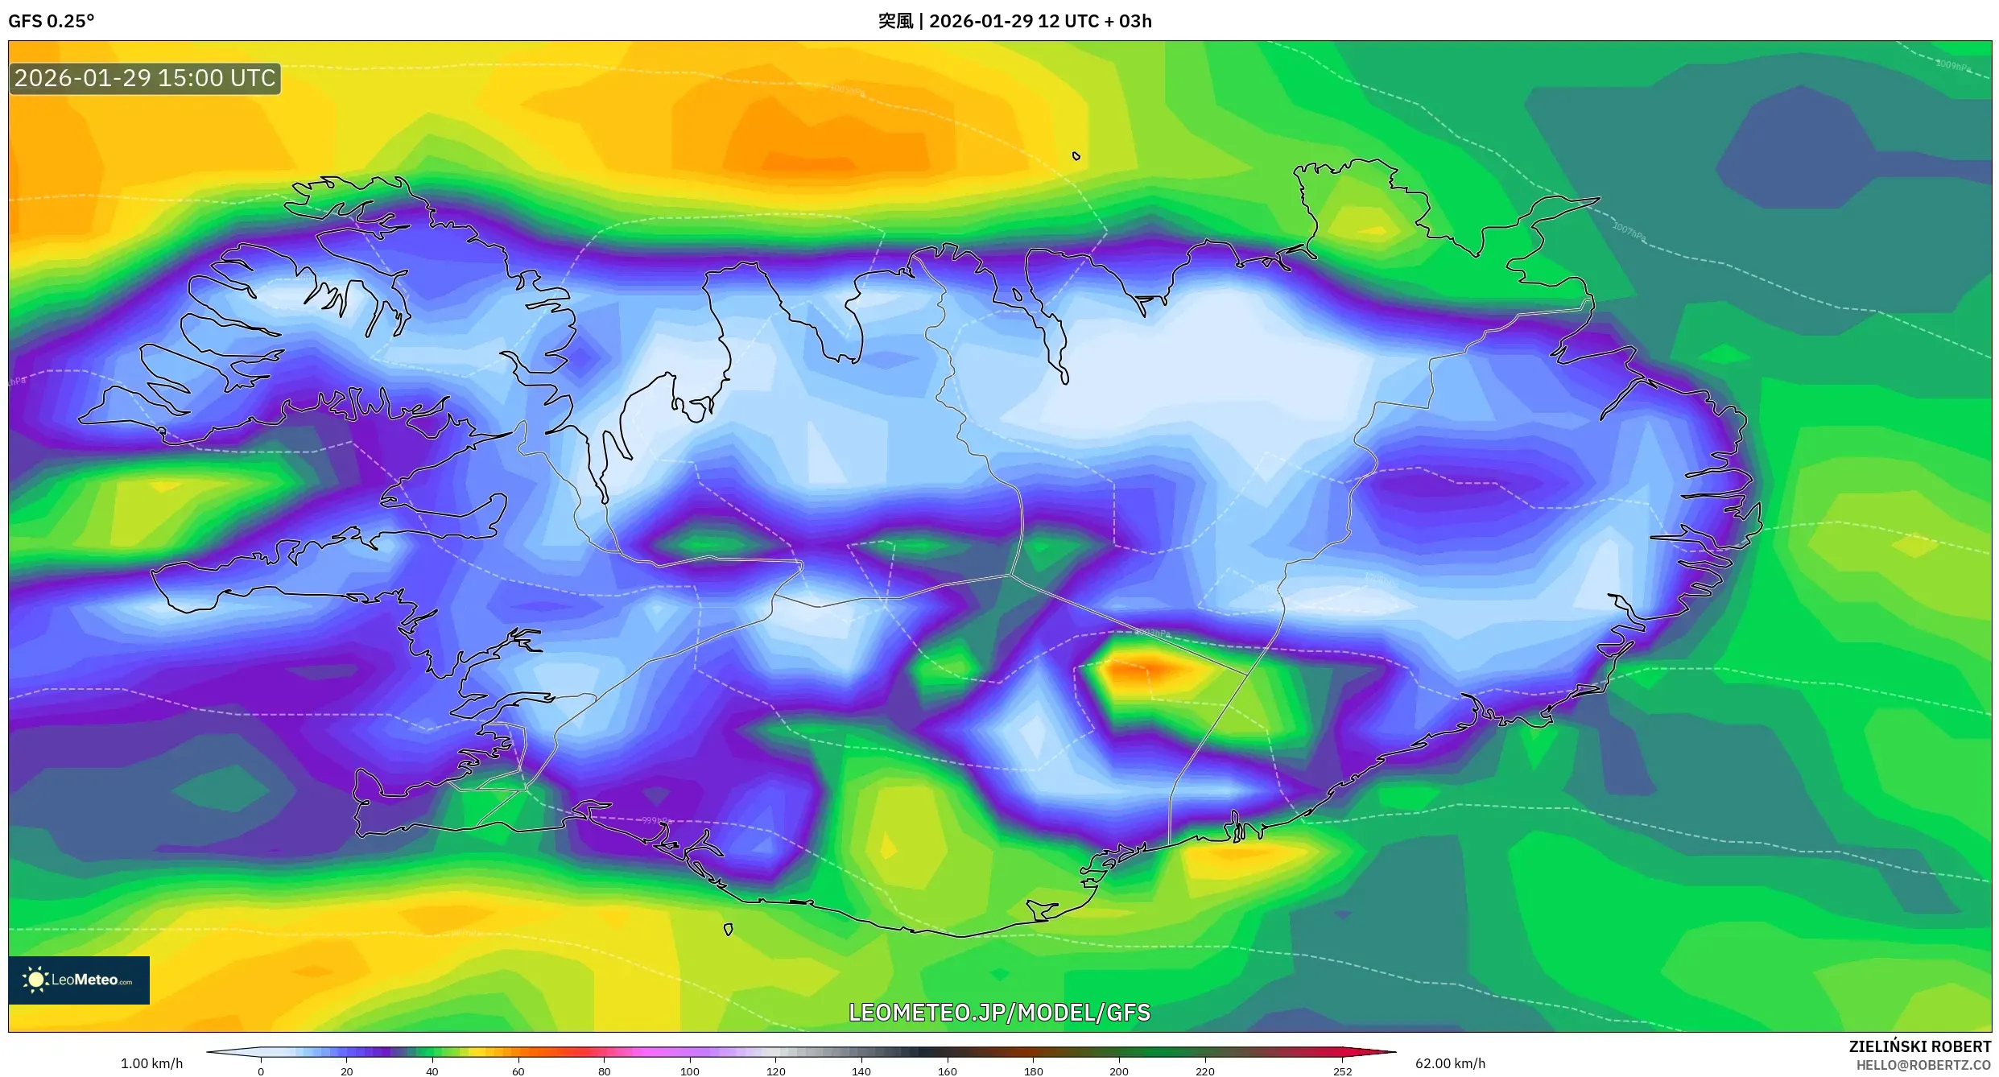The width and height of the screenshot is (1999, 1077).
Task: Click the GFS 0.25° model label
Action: tap(51, 21)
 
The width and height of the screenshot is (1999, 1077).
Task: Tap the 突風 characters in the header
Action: tap(894, 21)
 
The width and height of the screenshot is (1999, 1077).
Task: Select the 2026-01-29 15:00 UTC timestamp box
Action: tap(145, 79)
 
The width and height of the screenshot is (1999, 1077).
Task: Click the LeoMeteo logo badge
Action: tap(79, 980)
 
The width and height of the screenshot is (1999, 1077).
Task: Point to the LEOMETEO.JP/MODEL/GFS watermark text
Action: tap(999, 1012)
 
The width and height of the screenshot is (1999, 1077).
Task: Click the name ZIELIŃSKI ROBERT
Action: tap(1919, 1046)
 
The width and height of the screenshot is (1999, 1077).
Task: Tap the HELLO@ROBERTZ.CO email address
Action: tap(1923, 1065)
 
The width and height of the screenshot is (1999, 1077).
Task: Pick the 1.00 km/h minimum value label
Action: tap(151, 1063)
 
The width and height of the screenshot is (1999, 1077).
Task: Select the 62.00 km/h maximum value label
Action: tap(1450, 1063)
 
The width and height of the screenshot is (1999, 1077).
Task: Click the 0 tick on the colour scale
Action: tap(261, 1071)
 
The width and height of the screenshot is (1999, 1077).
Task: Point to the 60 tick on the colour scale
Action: tap(518, 1071)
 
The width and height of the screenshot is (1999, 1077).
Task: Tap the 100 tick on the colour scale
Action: tap(690, 1071)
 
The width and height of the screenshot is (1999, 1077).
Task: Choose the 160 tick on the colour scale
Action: tap(948, 1071)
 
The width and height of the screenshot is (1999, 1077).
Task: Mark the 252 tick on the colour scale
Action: tap(1342, 1071)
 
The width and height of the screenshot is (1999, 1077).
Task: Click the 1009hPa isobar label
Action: tap(1952, 65)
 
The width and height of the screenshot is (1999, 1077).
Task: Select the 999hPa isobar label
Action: tap(656, 820)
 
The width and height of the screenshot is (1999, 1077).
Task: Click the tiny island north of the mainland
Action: tap(1076, 156)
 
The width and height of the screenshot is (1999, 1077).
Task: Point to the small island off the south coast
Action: tap(728, 930)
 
